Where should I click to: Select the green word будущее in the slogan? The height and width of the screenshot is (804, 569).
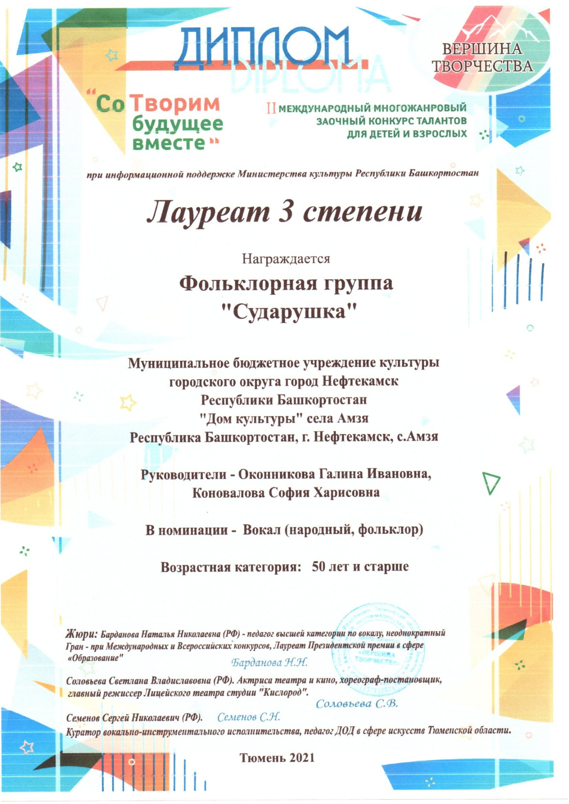(178, 124)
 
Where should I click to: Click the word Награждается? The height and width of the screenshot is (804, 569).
(286, 258)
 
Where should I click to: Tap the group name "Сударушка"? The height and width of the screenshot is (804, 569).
(286, 311)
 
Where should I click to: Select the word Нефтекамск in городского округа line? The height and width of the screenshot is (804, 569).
(360, 382)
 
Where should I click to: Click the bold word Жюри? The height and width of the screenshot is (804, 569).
(82, 633)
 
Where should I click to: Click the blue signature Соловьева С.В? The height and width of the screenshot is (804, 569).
(357, 703)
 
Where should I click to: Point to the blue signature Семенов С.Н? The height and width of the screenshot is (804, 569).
(248, 717)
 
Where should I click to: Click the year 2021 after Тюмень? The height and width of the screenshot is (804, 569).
(300, 757)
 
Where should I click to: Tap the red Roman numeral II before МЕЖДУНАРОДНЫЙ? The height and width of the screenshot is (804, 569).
(271, 108)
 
